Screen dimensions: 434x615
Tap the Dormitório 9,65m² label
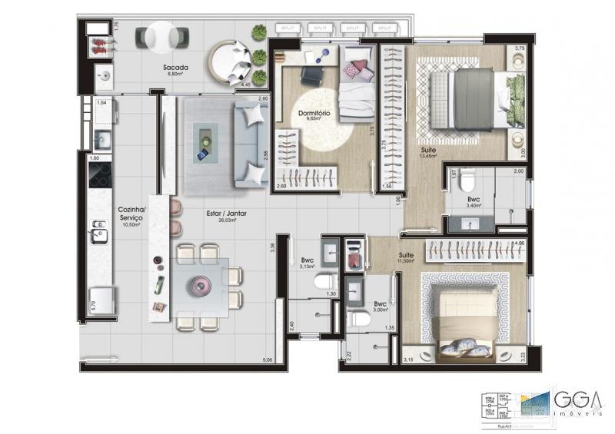[314, 116]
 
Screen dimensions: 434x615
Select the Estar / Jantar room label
[225, 215]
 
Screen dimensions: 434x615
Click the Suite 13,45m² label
[427, 153]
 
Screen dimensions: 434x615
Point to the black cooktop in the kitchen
[101, 177]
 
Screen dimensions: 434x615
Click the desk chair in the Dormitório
[311, 76]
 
